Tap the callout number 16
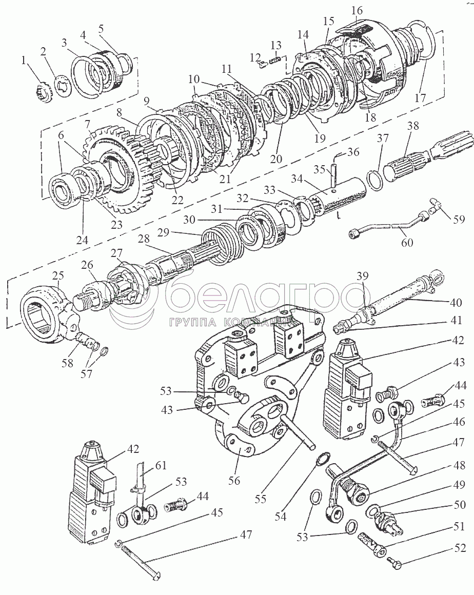tap(357, 10)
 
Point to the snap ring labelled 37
tap(375, 180)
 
